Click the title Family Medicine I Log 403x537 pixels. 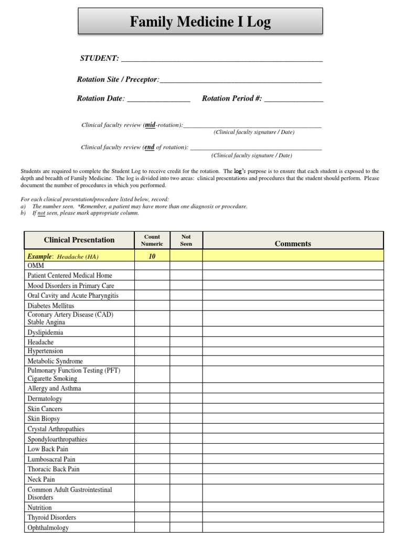click(200, 22)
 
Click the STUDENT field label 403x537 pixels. click(99, 58)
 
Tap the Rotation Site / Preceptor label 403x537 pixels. click(118, 80)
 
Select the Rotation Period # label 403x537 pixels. click(231, 99)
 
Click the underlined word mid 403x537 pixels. click(150, 125)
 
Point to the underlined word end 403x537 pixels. click(150, 147)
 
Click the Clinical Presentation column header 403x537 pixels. click(79, 240)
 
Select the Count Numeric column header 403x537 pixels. click(152, 240)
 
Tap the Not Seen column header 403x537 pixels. click(186, 240)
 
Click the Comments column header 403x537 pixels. click(293, 244)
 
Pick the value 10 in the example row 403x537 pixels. click(152, 256)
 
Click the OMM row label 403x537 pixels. click(36, 266)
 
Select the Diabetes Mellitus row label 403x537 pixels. click(51, 306)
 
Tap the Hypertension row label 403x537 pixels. click(45, 351)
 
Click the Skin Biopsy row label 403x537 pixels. click(44, 419)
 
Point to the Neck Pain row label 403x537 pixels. click(41, 479)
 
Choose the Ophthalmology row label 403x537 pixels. click(48, 528)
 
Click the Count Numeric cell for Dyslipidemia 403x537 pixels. click(152, 332)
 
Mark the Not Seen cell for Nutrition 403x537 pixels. click(186, 508)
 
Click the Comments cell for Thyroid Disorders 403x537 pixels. click(293, 518)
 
